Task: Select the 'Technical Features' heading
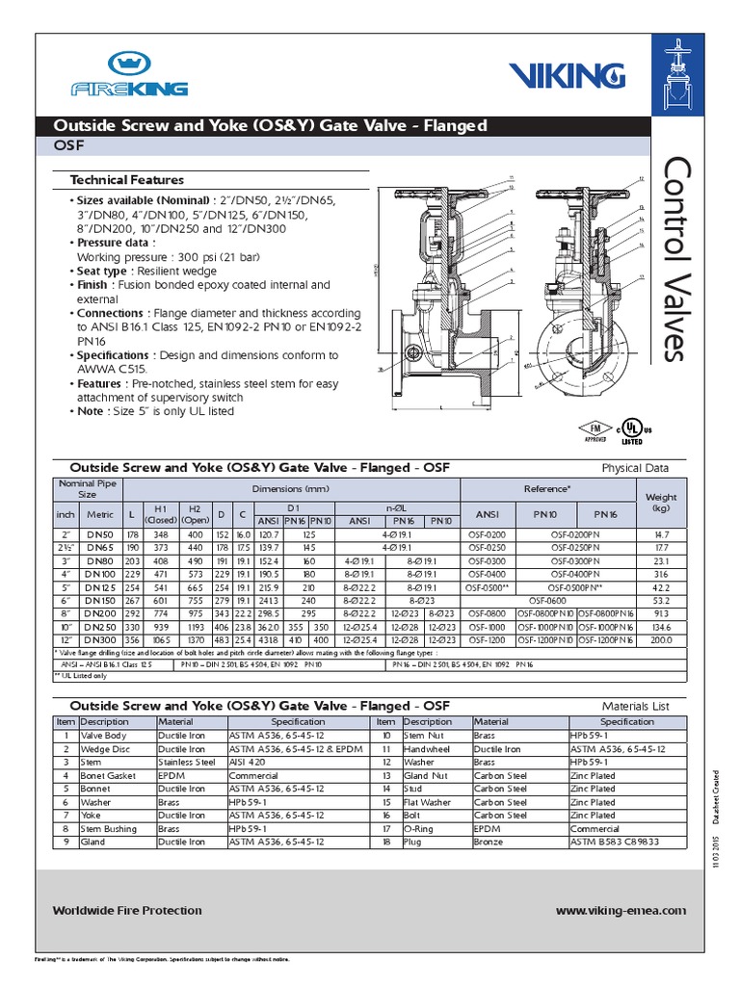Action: coord(126,180)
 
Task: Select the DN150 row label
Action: coord(99,599)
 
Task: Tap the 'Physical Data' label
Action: coord(635,469)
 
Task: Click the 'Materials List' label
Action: coord(635,706)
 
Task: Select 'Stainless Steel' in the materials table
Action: coord(186,762)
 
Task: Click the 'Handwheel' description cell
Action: coord(428,748)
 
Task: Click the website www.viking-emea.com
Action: coord(621,910)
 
